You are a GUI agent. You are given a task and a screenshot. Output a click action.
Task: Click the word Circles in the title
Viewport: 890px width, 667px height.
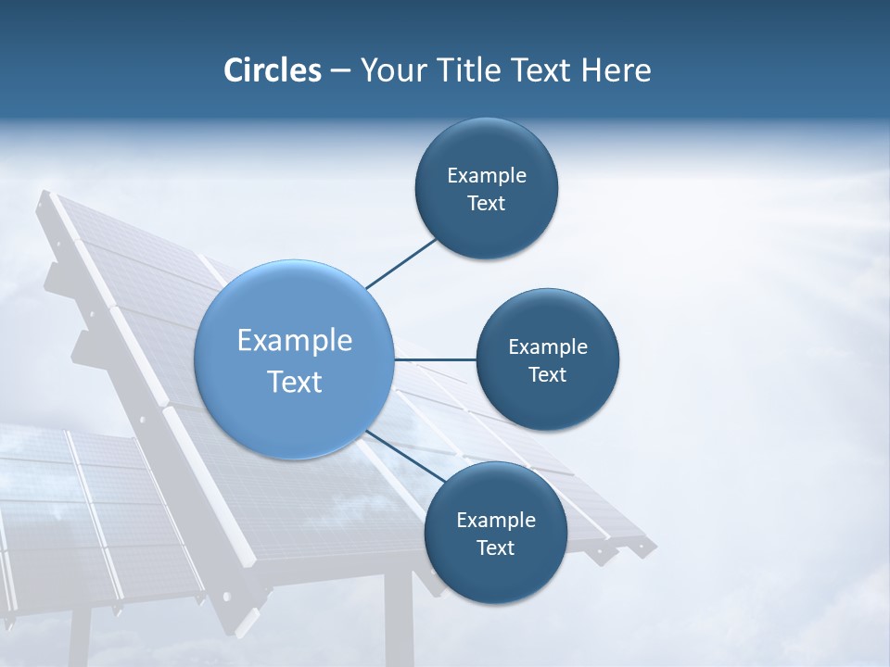tap(272, 69)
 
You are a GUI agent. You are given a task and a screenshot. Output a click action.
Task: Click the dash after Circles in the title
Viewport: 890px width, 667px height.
tap(339, 71)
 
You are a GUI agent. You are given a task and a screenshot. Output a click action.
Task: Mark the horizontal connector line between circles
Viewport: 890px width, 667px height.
tap(436, 359)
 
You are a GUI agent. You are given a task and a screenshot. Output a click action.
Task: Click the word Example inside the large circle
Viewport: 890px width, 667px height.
tap(295, 340)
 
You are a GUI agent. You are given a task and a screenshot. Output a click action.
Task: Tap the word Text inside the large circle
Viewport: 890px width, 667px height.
tap(295, 382)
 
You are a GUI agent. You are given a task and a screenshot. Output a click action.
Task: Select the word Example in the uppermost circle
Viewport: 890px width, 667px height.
tap(486, 176)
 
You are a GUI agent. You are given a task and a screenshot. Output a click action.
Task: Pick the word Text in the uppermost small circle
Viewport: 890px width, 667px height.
tap(486, 204)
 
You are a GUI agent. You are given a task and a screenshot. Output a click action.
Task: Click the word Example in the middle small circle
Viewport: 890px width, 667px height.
tap(547, 347)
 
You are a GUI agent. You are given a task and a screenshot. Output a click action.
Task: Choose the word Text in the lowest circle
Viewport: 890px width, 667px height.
tap(495, 548)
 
